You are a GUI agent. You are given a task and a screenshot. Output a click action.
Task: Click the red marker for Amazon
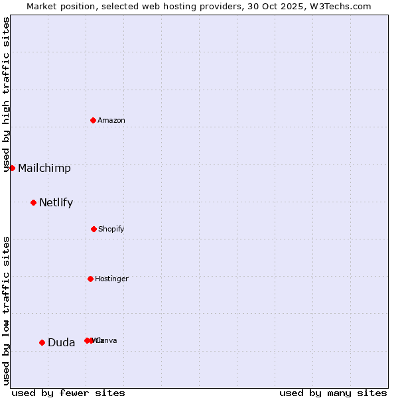pyautogui.click(x=94, y=120)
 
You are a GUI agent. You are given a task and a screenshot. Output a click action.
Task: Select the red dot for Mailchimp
pyautogui.click(x=12, y=168)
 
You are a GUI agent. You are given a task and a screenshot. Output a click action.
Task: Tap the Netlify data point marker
pyautogui.click(x=33, y=202)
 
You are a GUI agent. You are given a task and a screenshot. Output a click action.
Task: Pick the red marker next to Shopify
pyautogui.click(x=94, y=229)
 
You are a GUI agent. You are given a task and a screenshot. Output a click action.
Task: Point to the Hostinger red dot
pyautogui.click(x=90, y=279)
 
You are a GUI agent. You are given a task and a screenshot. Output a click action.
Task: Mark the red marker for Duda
pyautogui.click(x=42, y=342)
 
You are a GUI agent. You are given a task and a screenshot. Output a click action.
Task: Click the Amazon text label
pyautogui.click(x=111, y=120)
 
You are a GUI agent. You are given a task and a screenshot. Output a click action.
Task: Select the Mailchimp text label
pyautogui.click(x=44, y=168)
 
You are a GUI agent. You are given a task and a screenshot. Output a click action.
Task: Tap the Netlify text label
pyautogui.click(x=56, y=202)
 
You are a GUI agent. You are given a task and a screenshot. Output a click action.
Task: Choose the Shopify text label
pyautogui.click(x=111, y=229)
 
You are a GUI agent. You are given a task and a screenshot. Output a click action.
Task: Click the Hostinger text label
pyautogui.click(x=111, y=279)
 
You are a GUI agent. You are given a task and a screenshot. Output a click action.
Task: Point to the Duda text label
pyautogui.click(x=62, y=342)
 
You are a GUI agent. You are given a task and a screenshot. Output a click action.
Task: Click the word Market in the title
pyautogui.click(x=43, y=6)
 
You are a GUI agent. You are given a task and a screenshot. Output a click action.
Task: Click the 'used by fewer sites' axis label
pyautogui.click(x=68, y=393)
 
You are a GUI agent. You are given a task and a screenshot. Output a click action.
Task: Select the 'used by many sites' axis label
pyautogui.click(x=333, y=393)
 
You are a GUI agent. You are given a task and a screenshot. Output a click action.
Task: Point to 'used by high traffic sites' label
pyautogui.click(x=6, y=94)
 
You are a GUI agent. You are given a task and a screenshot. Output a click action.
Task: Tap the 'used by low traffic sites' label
pyautogui.click(x=6, y=310)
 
